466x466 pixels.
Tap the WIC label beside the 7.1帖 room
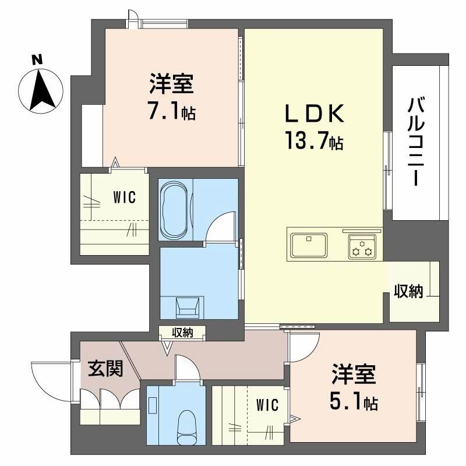point(124,197)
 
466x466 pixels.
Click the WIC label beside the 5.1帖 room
point(267,404)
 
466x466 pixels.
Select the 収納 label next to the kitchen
point(408,292)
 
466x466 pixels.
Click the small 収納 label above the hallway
point(182,333)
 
